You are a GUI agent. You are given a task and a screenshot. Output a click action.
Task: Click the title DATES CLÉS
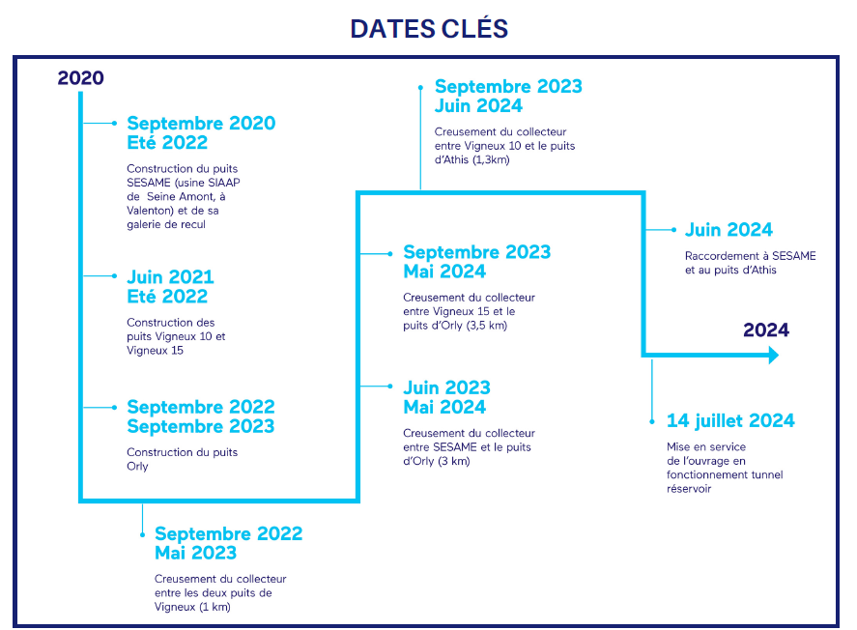pyautogui.click(x=429, y=28)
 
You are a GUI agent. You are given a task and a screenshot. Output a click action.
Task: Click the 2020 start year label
pyautogui.click(x=81, y=78)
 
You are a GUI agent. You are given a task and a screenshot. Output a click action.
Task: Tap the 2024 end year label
pyautogui.click(x=766, y=330)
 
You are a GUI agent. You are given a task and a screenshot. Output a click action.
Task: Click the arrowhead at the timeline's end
pyautogui.click(x=773, y=356)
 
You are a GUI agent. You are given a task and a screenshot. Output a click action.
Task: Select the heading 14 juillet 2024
pyautogui.click(x=730, y=420)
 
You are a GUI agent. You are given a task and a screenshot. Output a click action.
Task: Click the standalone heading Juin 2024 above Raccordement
pyautogui.click(x=729, y=230)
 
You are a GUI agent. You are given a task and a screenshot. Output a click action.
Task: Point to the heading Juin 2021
pyautogui.click(x=170, y=277)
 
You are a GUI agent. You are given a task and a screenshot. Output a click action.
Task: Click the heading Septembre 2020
pyautogui.click(x=201, y=123)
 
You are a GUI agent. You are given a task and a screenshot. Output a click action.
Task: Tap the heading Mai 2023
pyautogui.click(x=196, y=553)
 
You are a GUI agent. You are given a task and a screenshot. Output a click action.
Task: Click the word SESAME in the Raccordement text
pyautogui.click(x=793, y=256)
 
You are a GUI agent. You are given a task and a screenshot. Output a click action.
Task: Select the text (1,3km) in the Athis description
pyautogui.click(x=491, y=159)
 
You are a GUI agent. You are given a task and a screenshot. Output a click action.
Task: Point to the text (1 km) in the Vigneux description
pyautogui.click(x=214, y=607)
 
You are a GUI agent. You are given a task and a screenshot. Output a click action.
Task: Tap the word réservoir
pyautogui.click(x=689, y=489)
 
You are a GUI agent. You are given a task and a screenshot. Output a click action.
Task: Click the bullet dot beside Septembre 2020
pyautogui.click(x=114, y=124)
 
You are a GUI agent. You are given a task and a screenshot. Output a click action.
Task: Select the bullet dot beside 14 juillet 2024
pyautogui.click(x=652, y=421)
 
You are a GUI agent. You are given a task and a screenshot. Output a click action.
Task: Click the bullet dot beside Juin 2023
pyautogui.click(x=390, y=387)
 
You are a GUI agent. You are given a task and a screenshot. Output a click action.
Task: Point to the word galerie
pyautogui.click(x=145, y=224)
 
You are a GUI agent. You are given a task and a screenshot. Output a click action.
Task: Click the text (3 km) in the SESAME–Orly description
pyautogui.click(x=454, y=461)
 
